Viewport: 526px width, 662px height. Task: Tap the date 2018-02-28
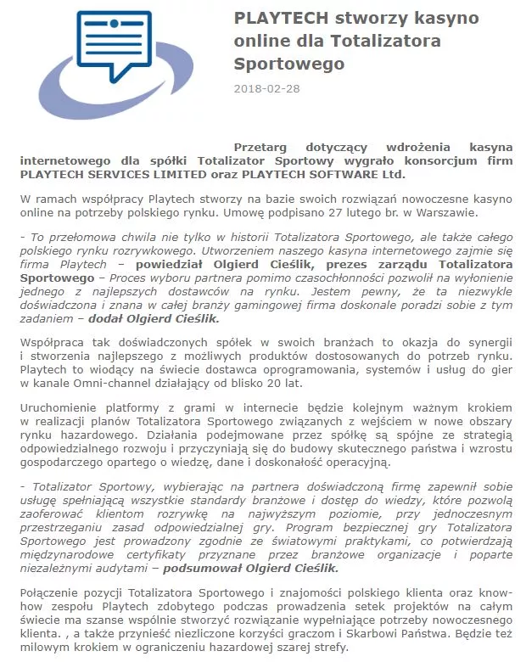click(266, 88)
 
